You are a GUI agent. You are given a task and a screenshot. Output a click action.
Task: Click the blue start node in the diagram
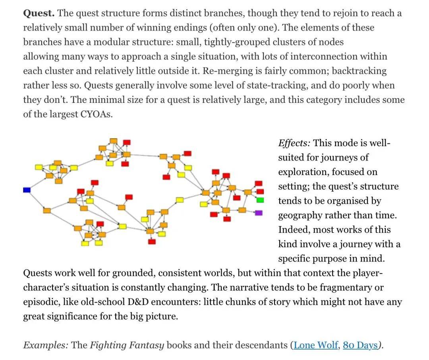click(27, 190)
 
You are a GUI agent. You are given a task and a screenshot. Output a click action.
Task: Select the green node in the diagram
click(260, 199)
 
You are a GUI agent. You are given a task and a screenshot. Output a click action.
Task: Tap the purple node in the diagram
click(259, 213)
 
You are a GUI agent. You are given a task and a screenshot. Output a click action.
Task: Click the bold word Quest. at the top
click(39, 13)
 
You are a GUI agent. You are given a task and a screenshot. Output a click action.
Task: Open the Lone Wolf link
click(316, 345)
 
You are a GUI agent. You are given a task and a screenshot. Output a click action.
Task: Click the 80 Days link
click(360, 345)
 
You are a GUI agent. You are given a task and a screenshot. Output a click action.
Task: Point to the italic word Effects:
click(294, 143)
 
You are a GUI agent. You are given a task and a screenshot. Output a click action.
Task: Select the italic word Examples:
click(45, 345)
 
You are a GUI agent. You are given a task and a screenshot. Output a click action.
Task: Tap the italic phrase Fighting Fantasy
click(127, 345)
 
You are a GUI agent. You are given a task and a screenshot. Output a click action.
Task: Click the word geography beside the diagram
click(301, 215)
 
